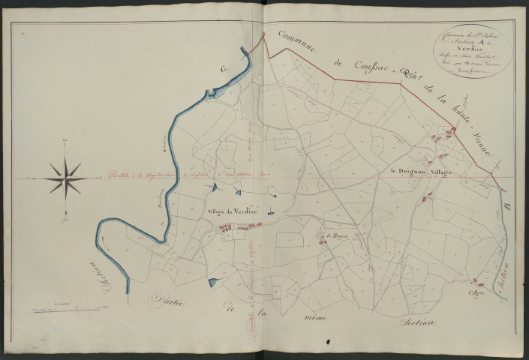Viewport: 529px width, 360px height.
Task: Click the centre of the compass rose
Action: click(67, 178)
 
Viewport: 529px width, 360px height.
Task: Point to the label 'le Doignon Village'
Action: click(423, 172)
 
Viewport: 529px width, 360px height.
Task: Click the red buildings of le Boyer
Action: click(320, 241)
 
